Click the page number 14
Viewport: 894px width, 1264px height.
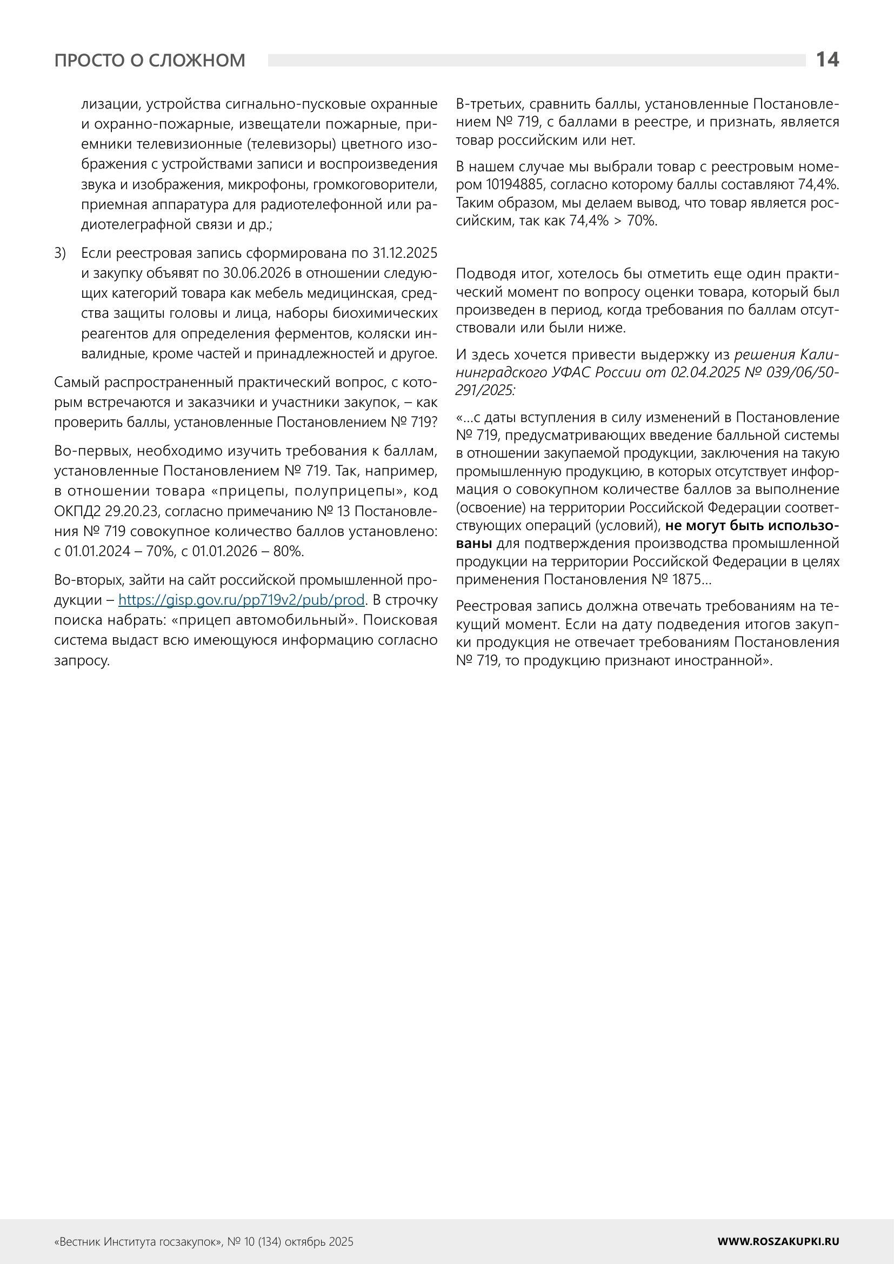(x=827, y=59)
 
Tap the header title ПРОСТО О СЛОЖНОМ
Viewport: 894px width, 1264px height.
(x=150, y=60)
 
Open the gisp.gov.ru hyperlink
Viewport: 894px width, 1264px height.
(x=241, y=599)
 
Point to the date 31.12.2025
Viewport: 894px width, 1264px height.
(x=405, y=253)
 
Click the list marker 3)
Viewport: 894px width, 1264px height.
(x=60, y=253)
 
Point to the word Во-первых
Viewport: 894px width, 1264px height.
(x=93, y=451)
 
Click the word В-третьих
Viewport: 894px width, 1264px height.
(x=489, y=104)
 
